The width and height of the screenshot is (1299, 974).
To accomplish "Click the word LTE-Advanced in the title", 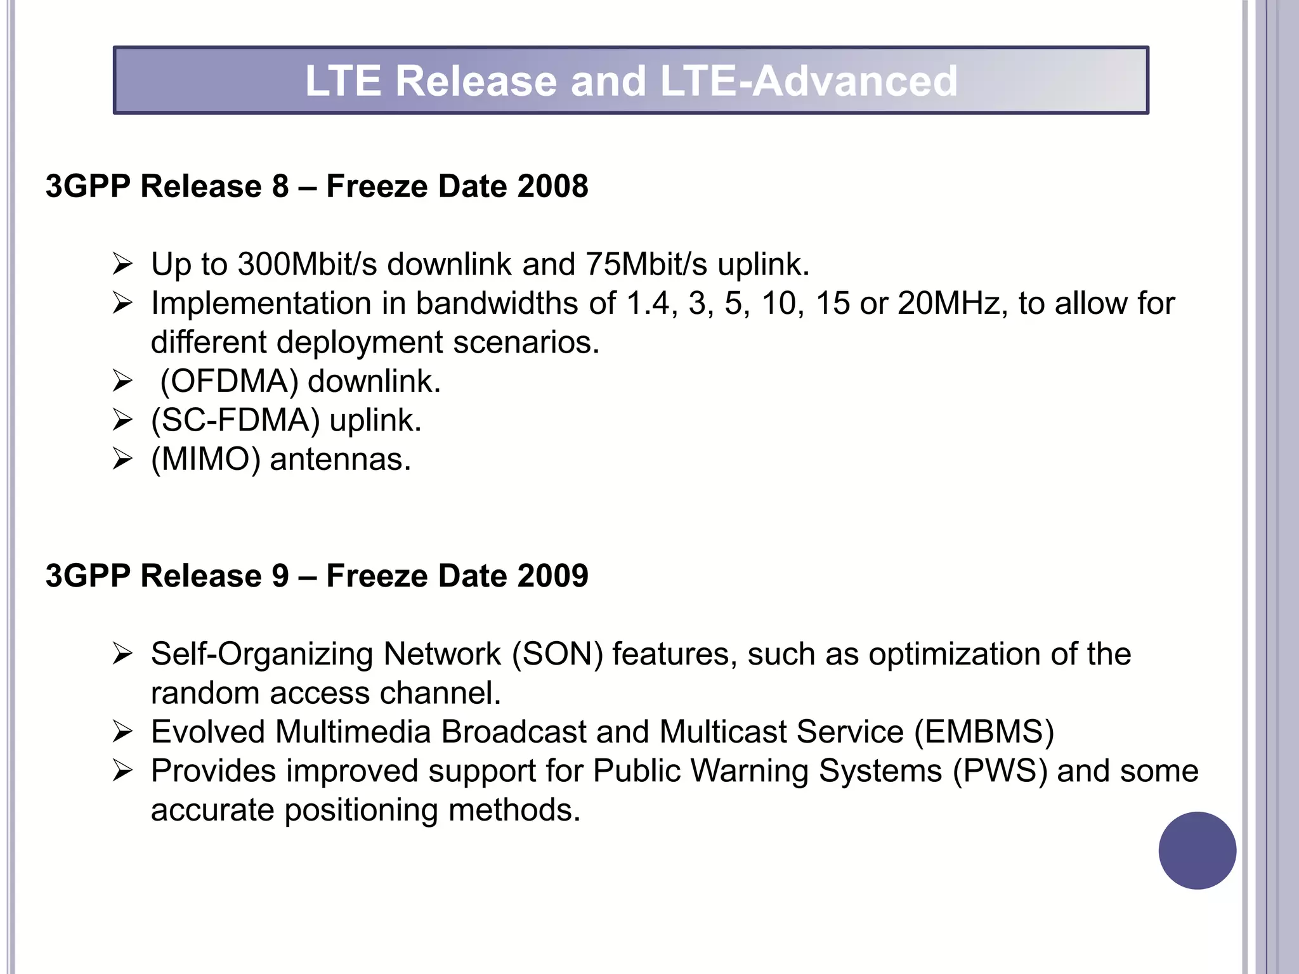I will [x=809, y=81].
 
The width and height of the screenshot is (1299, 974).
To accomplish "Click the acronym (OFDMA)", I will [x=229, y=381].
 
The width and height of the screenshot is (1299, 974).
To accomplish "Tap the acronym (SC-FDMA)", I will [x=235, y=420].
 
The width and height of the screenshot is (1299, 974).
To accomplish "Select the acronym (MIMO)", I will [x=206, y=459].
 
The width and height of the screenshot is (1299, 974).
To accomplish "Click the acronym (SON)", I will [x=558, y=654].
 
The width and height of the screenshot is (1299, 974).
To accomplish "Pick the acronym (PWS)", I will [x=1000, y=771].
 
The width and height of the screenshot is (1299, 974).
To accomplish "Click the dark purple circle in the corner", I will [x=1197, y=850].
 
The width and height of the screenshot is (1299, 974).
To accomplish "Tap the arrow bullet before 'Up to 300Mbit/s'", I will [x=122, y=264].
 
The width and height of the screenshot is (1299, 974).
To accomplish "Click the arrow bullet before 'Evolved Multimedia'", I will [x=122, y=732].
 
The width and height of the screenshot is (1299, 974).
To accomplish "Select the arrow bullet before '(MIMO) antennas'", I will [x=122, y=460].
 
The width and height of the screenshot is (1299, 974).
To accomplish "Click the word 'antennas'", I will [x=341, y=459].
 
